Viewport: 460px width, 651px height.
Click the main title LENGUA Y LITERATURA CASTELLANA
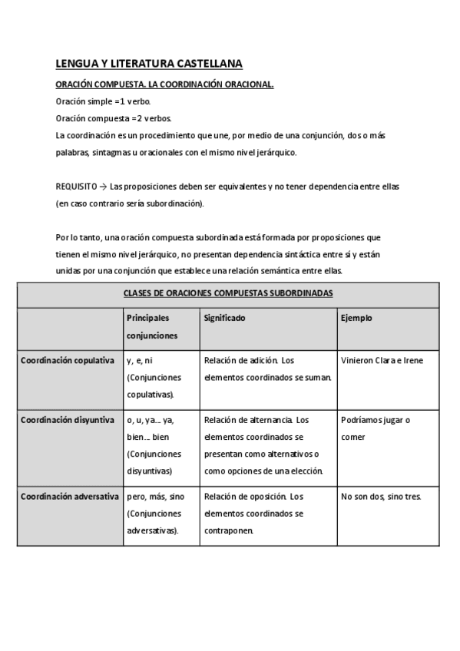coord(149,65)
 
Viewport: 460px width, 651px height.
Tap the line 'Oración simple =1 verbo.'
coord(103,101)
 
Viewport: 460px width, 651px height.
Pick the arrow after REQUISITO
coord(103,186)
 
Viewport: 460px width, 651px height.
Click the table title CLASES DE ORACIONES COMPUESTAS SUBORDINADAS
coord(228,293)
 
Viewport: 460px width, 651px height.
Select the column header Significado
coord(224,317)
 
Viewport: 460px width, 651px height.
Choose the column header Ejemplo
coord(356,317)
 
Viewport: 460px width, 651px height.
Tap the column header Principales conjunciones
coord(151,326)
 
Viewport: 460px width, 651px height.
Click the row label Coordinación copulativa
coord(68,360)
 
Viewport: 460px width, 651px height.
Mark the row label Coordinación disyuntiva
coord(68,420)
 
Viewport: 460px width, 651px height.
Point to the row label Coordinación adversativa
coord(69,496)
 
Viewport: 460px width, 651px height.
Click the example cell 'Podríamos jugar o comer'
coord(376,428)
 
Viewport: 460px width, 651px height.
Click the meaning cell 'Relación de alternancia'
coord(264,445)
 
